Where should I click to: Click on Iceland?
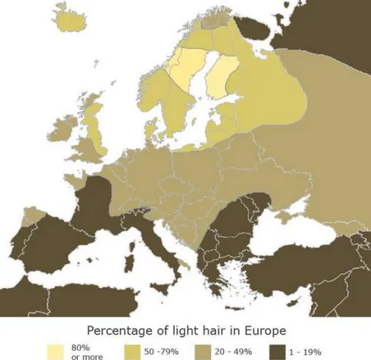(70, 22)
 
